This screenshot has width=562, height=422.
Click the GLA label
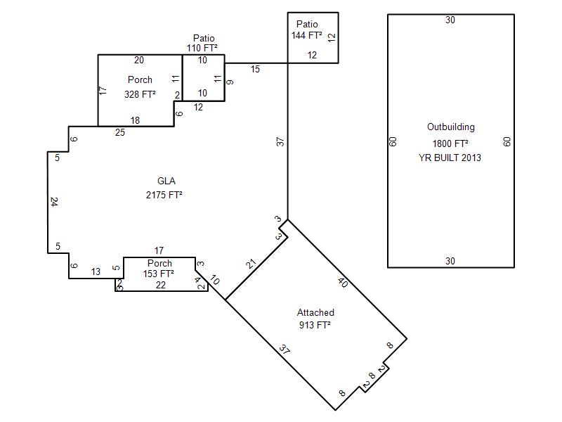166,181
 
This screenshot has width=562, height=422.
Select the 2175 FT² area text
164,195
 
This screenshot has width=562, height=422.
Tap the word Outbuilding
451,127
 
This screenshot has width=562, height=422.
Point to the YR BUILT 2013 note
450,158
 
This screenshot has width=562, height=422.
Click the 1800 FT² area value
450,143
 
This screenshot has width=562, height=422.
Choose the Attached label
315,312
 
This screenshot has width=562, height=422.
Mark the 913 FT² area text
315,325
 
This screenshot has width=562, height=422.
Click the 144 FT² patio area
306,35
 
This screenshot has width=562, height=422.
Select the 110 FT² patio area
202,48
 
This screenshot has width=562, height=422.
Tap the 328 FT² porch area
140,94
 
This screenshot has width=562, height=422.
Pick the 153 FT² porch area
159,274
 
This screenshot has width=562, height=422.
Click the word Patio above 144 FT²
307,24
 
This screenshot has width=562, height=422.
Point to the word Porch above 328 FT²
140,79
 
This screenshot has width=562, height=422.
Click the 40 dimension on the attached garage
343,283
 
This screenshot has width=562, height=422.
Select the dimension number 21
251,264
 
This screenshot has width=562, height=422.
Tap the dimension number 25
120,132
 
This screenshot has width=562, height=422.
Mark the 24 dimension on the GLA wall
54,202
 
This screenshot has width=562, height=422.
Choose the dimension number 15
255,69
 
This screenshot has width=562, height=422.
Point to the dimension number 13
96,271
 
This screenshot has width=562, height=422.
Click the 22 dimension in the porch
161,285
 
